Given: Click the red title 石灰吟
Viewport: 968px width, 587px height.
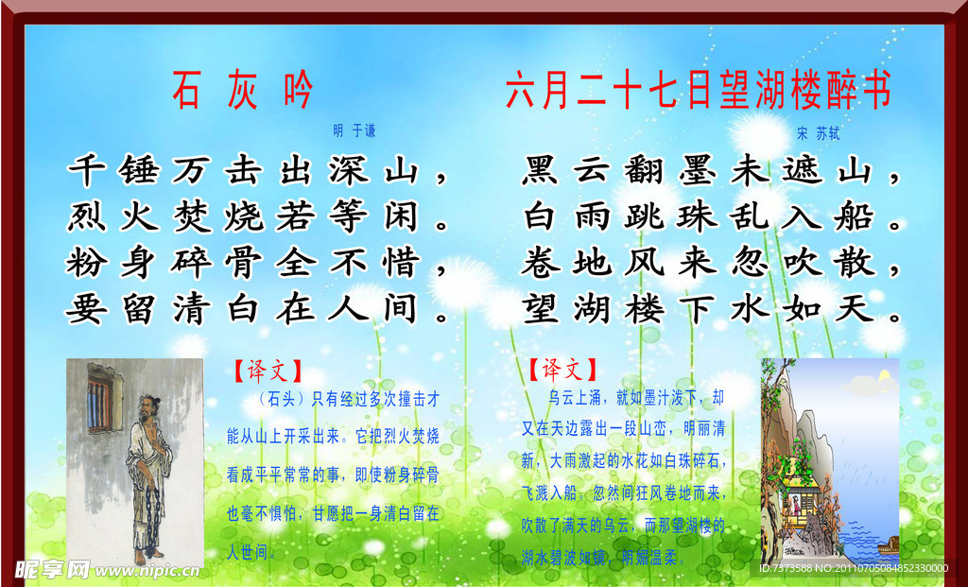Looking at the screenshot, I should pos(242,91).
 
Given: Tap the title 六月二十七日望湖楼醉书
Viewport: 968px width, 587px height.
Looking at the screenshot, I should pos(699,91).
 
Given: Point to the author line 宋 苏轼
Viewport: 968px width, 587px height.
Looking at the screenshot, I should pos(818,132).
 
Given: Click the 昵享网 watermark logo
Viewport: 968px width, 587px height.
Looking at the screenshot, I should pos(52,569).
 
